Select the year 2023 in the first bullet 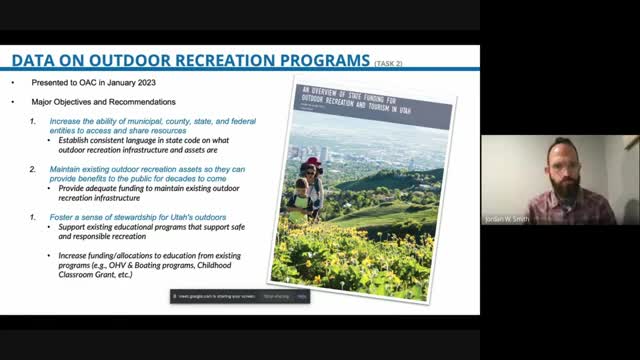[x=134, y=82]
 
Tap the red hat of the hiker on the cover [x=313, y=162]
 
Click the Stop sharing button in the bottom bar [x=275, y=296]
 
